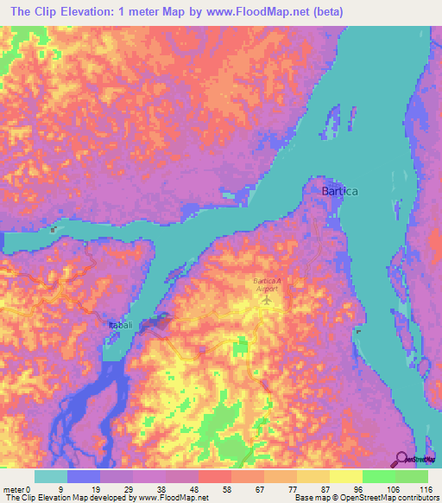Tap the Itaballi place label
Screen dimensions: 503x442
tap(120, 324)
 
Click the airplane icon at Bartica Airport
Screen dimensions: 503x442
tap(265, 302)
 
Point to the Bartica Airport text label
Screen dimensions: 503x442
tap(265, 286)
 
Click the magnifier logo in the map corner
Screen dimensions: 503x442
tap(401, 459)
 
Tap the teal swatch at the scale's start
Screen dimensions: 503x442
tap(51, 476)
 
